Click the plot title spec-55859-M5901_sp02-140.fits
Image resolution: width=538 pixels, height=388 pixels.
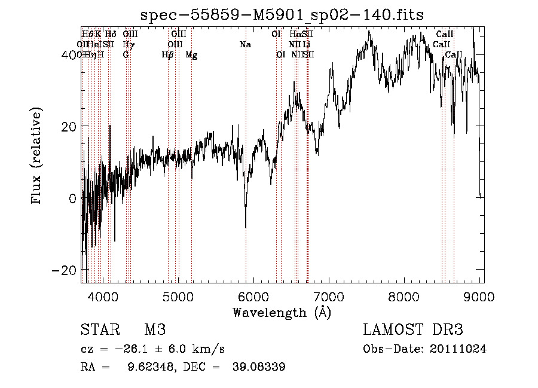[x=282, y=16]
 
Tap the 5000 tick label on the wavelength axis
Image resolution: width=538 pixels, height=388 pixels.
[x=178, y=295]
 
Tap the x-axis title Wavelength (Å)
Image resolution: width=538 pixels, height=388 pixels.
[x=282, y=312]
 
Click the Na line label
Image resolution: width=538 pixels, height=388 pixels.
[x=245, y=45]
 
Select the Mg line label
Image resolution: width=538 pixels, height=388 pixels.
[x=191, y=55]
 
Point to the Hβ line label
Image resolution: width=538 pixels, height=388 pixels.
[x=168, y=55]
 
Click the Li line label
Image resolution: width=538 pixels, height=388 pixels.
[x=306, y=45]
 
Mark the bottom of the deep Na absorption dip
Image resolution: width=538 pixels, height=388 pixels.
[x=246, y=227]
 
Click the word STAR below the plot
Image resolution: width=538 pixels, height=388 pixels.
[x=99, y=331]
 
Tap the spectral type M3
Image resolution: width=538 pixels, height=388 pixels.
[x=154, y=331]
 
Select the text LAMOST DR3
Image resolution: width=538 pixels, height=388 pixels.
[x=413, y=331]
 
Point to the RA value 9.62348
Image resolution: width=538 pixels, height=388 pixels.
[x=143, y=367]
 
